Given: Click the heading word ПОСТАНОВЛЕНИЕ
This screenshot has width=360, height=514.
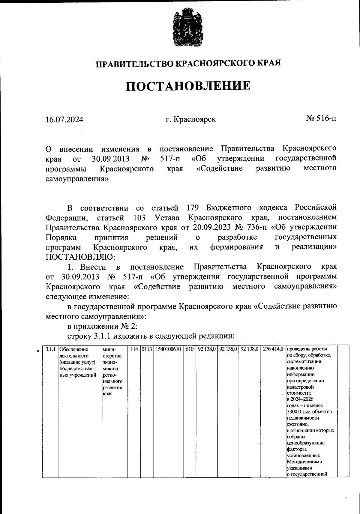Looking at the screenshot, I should tap(188, 86).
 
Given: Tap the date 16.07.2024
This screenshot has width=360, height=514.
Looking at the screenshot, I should tap(64, 120).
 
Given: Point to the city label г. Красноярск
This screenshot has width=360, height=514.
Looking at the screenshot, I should tap(191, 119).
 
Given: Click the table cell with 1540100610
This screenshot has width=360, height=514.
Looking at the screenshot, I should tap(168, 349).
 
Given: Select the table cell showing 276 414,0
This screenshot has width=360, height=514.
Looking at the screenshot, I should tap(273, 349).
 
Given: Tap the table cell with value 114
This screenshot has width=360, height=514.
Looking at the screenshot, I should tap(134, 349).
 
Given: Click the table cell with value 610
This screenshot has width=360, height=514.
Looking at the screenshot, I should tap(189, 349).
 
